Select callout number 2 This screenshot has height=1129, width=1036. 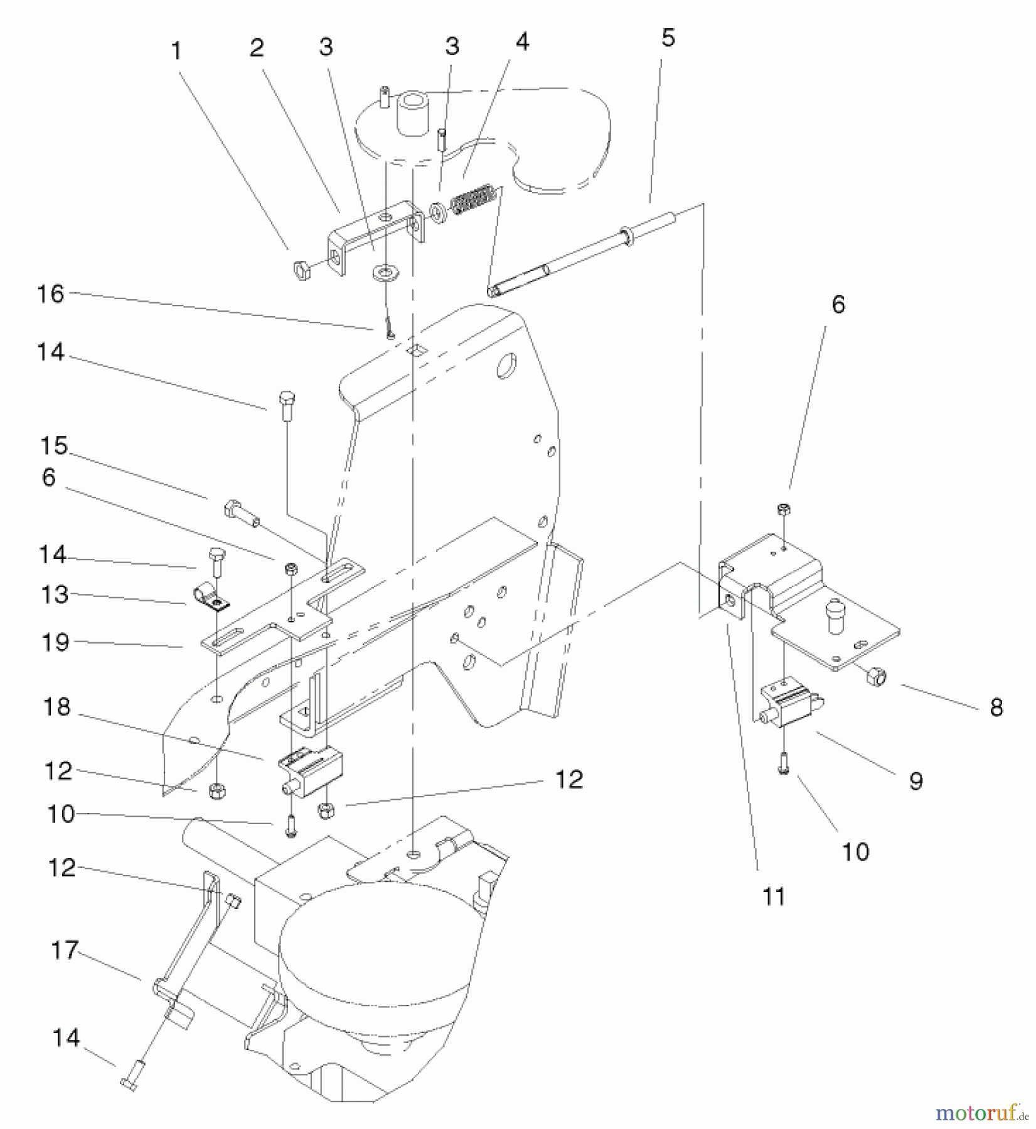point(257,48)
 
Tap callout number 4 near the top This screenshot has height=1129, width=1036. point(522,42)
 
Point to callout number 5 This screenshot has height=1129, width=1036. point(668,38)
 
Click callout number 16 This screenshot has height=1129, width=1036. point(51,294)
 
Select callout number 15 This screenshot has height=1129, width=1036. point(53,447)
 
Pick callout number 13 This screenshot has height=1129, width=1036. point(53,593)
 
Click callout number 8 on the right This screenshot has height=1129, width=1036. point(996,708)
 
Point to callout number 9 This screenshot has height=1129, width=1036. point(916,781)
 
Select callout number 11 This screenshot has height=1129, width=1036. point(774,897)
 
